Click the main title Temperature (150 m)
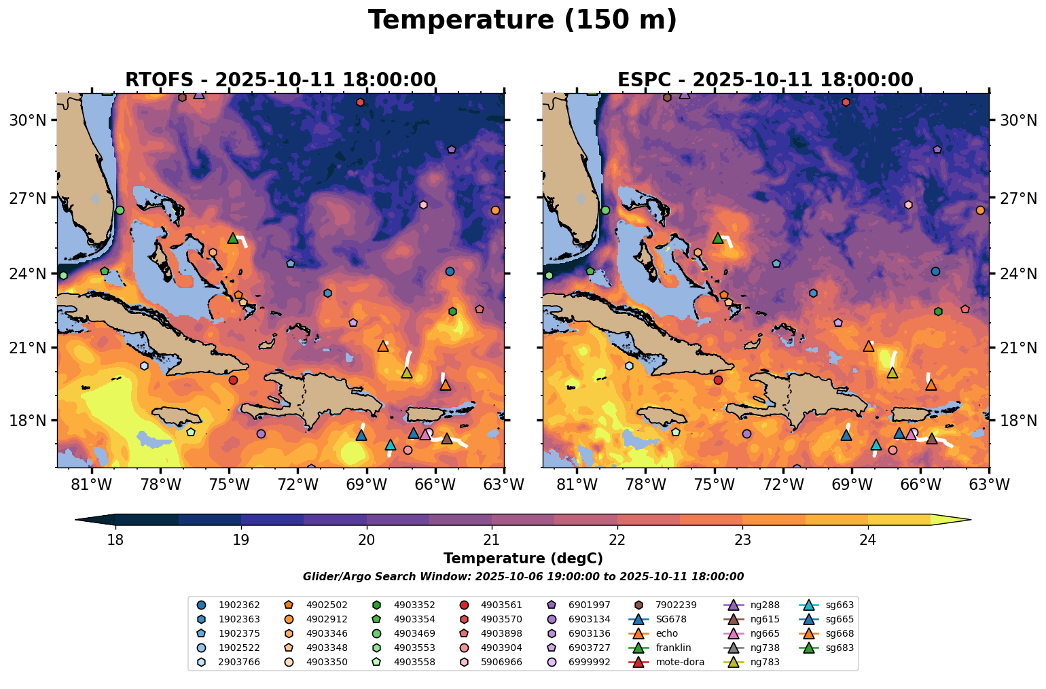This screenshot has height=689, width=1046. coord(522,20)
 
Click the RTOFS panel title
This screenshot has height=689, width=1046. coord(280,79)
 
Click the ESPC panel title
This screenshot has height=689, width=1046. coord(765,79)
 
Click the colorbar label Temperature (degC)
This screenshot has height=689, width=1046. coord(522,559)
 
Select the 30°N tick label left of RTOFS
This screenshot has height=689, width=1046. coord(27,120)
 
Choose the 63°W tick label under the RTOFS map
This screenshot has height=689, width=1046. coord(503,485)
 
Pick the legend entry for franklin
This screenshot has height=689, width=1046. coord(673,648)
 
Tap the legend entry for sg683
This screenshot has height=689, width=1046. coord(840,648)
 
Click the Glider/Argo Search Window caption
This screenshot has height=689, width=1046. coord(522,577)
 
